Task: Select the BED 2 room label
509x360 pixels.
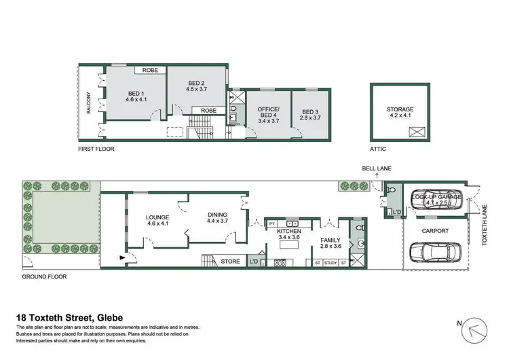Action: [196, 85]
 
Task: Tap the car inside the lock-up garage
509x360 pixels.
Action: [436, 201]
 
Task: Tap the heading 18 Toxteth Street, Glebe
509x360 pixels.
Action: [69, 317]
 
